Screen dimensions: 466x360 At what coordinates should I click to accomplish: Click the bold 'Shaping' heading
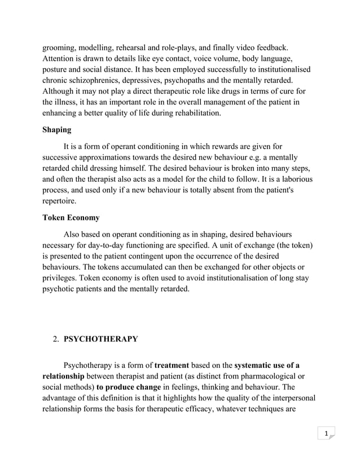pos(57,130)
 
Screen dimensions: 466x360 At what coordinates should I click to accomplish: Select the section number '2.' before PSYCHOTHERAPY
pos(56,339)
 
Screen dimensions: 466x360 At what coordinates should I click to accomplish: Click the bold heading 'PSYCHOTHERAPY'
pos(101,339)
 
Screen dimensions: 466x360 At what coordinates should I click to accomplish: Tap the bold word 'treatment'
pos(172,365)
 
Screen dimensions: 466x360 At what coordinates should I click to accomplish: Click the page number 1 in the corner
pos(326,433)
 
